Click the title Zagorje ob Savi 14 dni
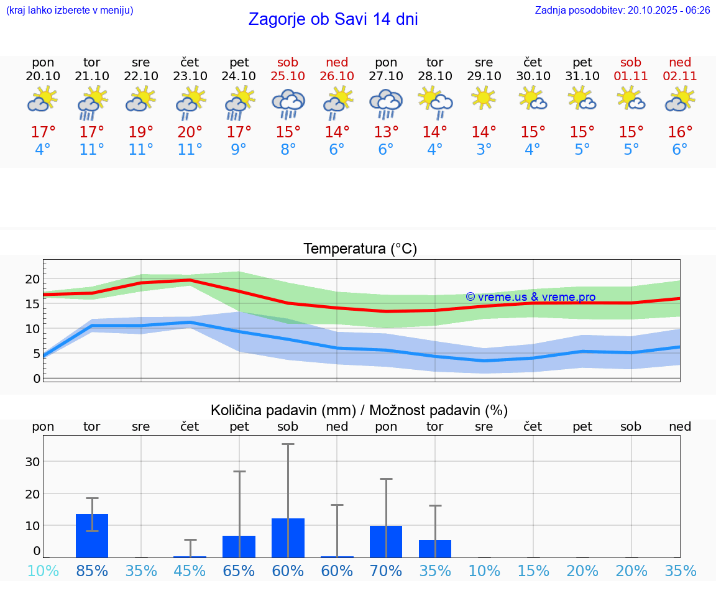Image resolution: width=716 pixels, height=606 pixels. (x=333, y=19)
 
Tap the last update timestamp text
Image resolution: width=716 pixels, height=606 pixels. (x=622, y=10)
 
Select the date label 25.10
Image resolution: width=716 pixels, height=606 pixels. (x=288, y=76)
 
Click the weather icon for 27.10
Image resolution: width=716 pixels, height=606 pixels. (x=386, y=103)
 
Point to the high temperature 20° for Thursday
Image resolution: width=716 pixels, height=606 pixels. (x=190, y=132)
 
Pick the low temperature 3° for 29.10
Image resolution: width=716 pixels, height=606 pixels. (x=484, y=150)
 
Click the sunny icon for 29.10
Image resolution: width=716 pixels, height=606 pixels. (x=484, y=98)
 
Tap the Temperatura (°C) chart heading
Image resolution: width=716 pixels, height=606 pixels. (x=360, y=249)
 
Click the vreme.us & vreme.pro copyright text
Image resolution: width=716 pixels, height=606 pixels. (x=530, y=297)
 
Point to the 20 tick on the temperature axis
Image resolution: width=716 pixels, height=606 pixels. (x=32, y=279)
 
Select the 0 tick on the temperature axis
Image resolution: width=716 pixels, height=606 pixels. (x=37, y=378)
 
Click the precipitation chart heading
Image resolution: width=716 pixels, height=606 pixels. (x=359, y=410)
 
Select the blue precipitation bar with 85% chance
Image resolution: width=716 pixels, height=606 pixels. (x=92, y=535)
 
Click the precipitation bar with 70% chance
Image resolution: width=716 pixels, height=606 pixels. (x=386, y=541)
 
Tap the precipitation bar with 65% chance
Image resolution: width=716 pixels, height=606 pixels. (x=239, y=546)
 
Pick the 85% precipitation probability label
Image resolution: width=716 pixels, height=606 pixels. (x=92, y=571)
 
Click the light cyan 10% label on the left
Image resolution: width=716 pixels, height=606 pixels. (x=43, y=571)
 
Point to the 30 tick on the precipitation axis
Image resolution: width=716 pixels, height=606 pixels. (x=32, y=462)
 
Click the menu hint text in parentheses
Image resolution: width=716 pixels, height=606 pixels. (x=70, y=10)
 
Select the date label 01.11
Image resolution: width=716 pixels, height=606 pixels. (x=631, y=76)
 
